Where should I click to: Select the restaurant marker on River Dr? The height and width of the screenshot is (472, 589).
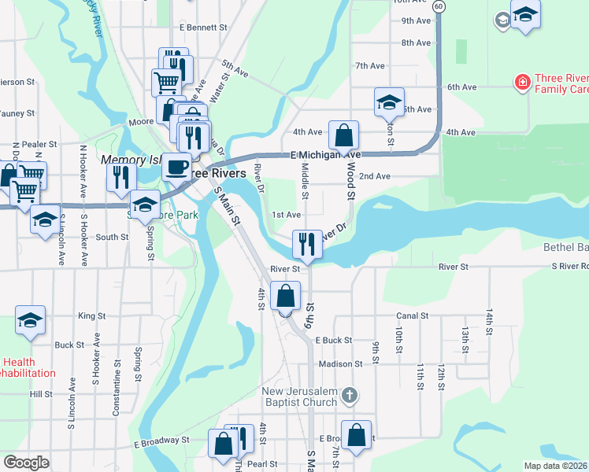pyautogui.click(x=306, y=243)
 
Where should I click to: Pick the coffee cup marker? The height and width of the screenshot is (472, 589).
pyautogui.click(x=176, y=168)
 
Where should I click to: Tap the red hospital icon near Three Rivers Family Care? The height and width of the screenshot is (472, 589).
pyautogui.click(x=520, y=81)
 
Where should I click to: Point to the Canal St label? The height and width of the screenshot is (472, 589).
pyautogui.click(x=412, y=316)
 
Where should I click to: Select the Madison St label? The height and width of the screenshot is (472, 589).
pyautogui.click(x=341, y=364)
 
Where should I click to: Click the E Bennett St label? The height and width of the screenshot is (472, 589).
pyautogui.click(x=203, y=28)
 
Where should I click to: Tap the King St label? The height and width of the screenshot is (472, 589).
pyautogui.click(x=91, y=316)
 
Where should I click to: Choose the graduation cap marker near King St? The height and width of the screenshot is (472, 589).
pyautogui.click(x=30, y=320)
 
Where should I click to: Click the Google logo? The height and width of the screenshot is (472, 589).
pyautogui.click(x=26, y=462)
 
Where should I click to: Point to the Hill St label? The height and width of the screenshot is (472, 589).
pyautogui.click(x=40, y=394)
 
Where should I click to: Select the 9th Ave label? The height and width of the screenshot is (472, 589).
pyautogui.click(x=416, y=21)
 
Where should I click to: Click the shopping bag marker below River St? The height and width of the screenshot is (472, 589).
pyautogui.click(x=285, y=297)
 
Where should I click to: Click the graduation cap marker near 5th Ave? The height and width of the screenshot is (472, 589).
pyautogui.click(x=388, y=102)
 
